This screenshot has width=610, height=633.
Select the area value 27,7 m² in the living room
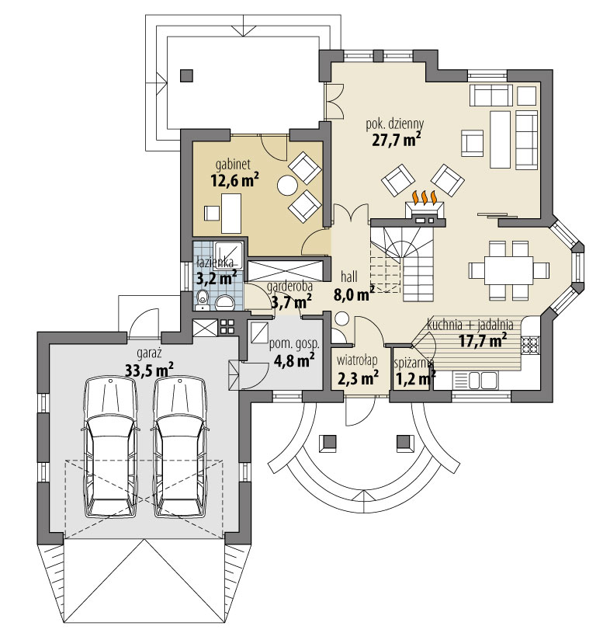point(396,140)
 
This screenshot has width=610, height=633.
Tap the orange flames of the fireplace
point(424,198)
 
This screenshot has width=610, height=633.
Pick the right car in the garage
point(181,447)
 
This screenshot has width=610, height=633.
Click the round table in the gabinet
point(288,186)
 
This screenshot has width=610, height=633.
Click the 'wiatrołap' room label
point(357,360)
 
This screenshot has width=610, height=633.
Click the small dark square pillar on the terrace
point(185,75)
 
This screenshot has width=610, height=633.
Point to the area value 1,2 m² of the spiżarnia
point(412,379)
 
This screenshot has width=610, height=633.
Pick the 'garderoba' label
point(289,285)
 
